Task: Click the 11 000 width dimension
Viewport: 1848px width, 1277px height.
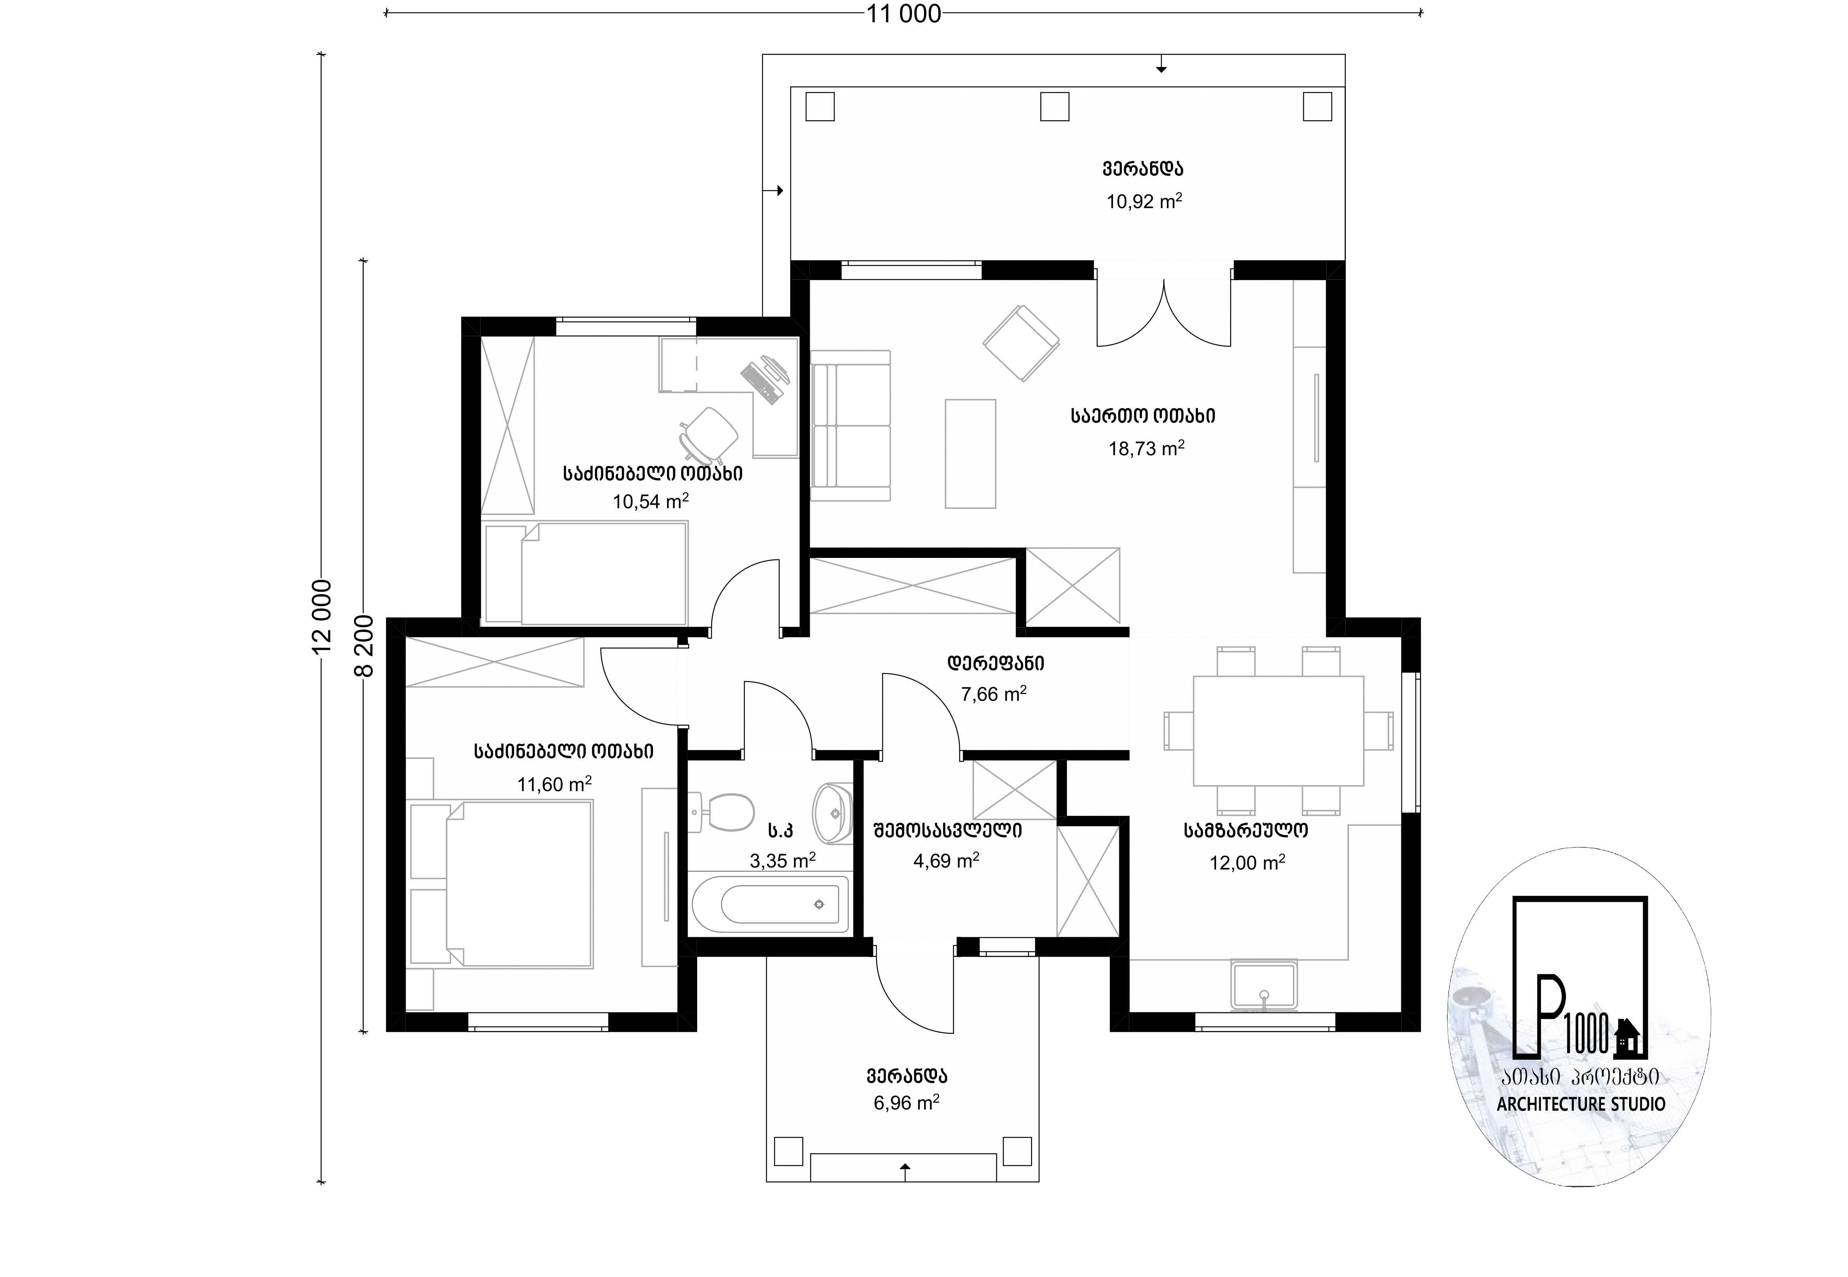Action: click(x=904, y=14)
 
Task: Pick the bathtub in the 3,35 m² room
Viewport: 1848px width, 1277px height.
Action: click(x=770, y=904)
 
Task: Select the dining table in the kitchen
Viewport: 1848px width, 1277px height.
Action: click(x=1278, y=731)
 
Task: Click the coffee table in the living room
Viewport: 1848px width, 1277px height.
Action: click(x=971, y=454)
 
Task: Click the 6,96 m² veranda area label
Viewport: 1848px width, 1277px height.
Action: click(x=906, y=1103)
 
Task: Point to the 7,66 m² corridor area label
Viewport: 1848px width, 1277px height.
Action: click(x=994, y=694)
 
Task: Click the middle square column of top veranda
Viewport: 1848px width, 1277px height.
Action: click(x=1055, y=106)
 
